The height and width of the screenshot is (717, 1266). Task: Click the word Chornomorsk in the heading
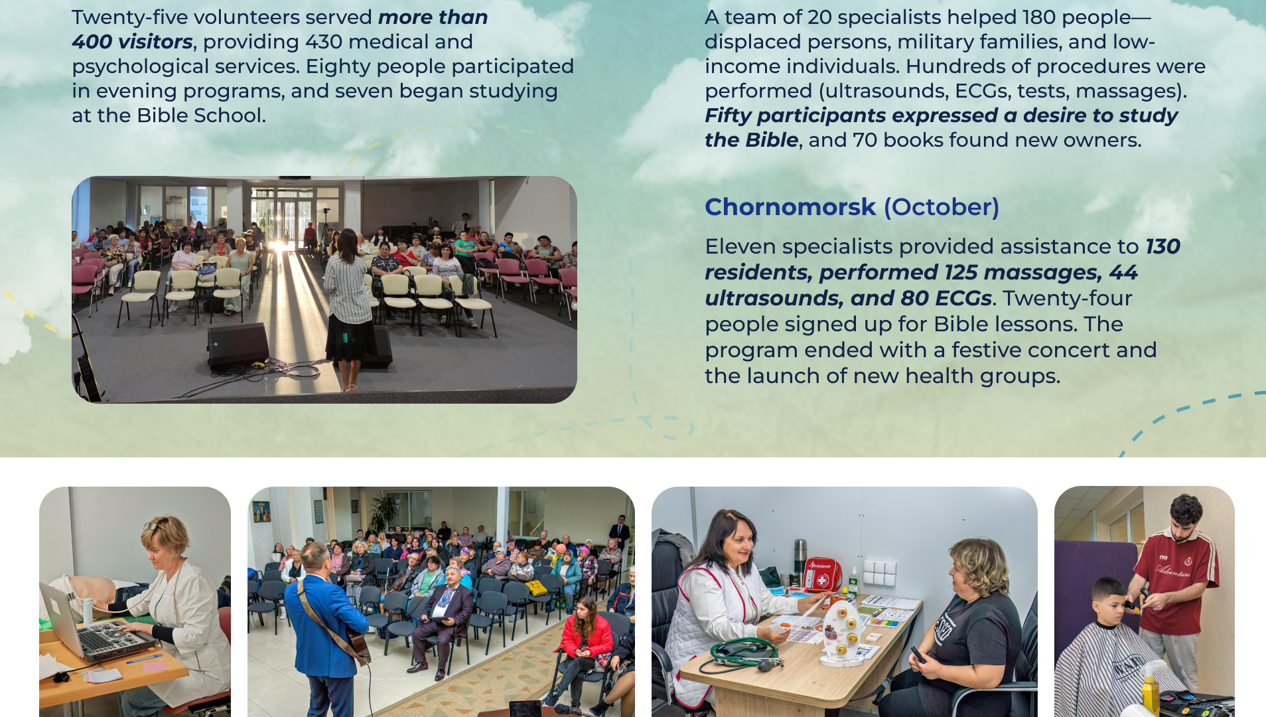pyautogui.click(x=790, y=207)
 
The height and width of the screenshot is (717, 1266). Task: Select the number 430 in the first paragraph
pyautogui.click(x=323, y=42)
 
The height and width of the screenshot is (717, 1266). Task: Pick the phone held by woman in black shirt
pyautogui.click(x=918, y=654)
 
